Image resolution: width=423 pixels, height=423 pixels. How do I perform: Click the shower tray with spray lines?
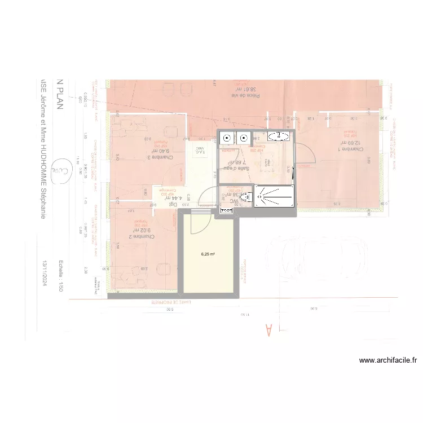click(274, 196)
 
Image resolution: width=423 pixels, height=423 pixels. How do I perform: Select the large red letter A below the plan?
click(268, 329)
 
